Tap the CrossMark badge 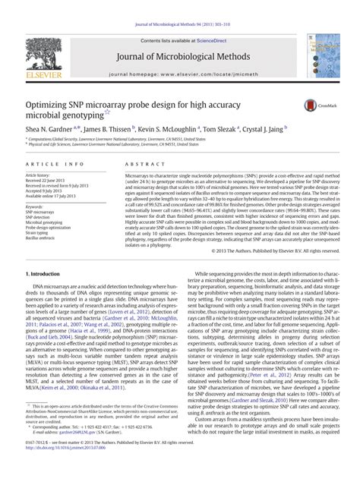pos(314,108)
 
